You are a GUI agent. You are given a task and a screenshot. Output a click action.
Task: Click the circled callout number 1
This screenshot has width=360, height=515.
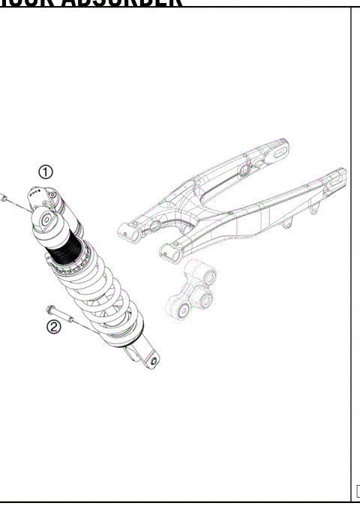point(46,172)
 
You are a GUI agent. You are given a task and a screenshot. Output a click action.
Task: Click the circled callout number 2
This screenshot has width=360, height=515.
point(54,326)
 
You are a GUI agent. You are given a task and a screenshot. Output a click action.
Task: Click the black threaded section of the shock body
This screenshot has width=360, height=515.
point(71,241)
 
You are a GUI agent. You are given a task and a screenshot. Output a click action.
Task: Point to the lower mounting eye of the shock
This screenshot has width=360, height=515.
point(154,361)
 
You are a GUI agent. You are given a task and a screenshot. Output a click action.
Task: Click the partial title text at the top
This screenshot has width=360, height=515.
point(90,3)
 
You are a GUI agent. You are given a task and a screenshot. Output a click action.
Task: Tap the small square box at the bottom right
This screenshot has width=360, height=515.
point(357,492)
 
